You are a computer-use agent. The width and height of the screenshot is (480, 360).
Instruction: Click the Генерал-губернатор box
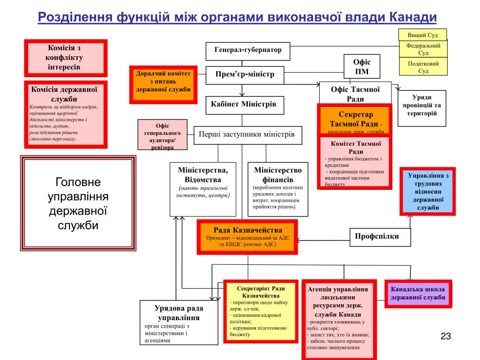pyautogui.click(x=248, y=51)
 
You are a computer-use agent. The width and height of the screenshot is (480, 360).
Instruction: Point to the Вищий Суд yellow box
pyautogui.click(x=423, y=35)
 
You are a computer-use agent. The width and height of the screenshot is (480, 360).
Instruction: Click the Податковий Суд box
pyautogui.click(x=423, y=67)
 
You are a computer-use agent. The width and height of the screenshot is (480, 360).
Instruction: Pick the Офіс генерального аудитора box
pyautogui.click(x=162, y=135)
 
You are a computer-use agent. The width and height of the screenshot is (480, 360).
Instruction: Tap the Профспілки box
pyautogui.click(x=380, y=237)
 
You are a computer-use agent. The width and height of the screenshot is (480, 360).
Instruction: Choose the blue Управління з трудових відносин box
pyautogui.click(x=427, y=191)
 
